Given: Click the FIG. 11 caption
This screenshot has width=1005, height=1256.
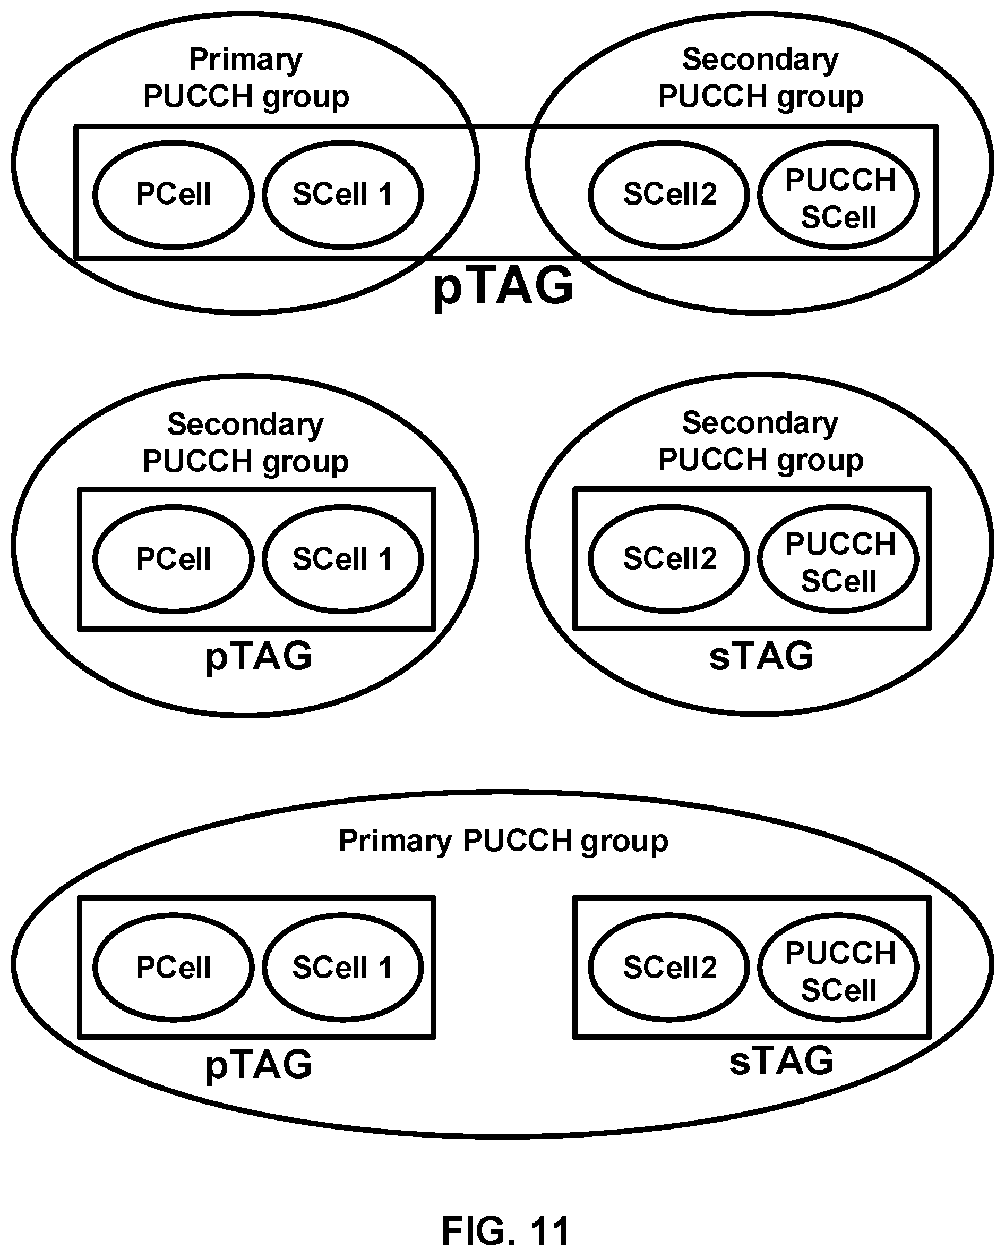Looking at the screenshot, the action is (x=505, y=1231).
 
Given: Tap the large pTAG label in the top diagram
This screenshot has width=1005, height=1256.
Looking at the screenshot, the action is (x=503, y=285).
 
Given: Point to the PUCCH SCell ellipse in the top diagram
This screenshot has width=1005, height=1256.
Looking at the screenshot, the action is (x=838, y=141).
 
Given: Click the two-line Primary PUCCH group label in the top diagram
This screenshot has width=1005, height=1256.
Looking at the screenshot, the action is (x=246, y=78).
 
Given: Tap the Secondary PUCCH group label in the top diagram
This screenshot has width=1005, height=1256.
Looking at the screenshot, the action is (x=760, y=78).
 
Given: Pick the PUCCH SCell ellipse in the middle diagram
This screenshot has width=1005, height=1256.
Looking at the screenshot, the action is (x=838, y=506).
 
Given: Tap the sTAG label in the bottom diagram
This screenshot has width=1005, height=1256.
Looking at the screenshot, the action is (x=781, y=1060).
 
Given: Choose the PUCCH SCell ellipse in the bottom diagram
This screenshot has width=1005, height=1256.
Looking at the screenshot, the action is (x=838, y=914).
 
